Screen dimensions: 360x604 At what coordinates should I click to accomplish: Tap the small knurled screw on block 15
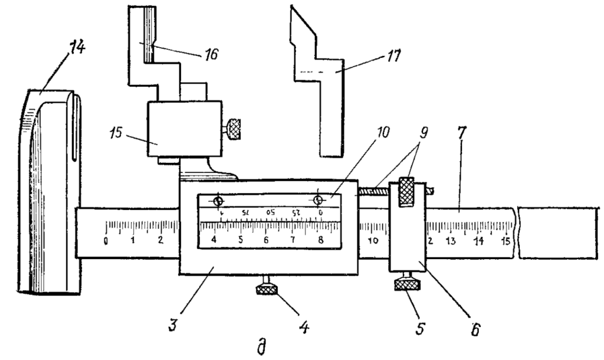(235, 128)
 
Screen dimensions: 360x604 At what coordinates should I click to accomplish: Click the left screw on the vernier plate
(218, 200)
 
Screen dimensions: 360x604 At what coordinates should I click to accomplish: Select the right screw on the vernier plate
(319, 200)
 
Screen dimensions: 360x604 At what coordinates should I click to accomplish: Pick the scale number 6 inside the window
(267, 241)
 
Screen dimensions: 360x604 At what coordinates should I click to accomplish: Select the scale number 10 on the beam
(373, 241)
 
